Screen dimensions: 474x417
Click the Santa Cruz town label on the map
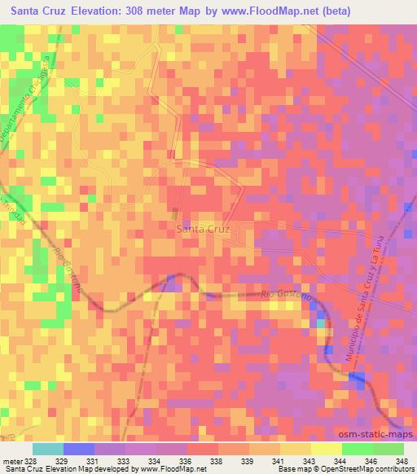pyautogui.click(x=204, y=230)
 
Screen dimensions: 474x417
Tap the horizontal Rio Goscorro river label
pyautogui.click(x=285, y=296)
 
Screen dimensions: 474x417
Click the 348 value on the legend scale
pyautogui.click(x=402, y=460)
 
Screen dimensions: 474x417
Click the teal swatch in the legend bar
pyautogui.click(x=47, y=449)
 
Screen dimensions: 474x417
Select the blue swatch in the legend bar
pyautogui.click(x=78, y=449)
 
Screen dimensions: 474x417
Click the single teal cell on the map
pyautogui.click(x=321, y=323)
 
